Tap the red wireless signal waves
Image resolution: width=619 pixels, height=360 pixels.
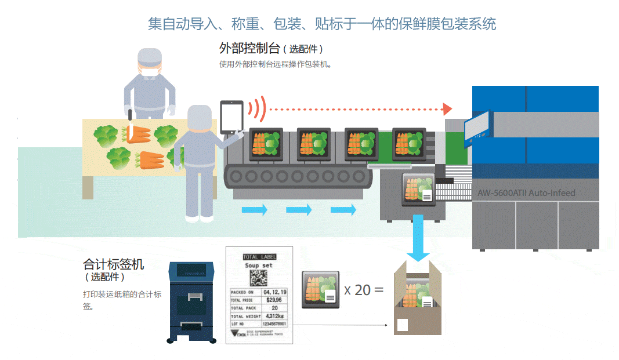click(256, 108)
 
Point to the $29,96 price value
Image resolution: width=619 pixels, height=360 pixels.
click(274, 300)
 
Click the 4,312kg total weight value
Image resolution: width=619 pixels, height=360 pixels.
click(274, 316)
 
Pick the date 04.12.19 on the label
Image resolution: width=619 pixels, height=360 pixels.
click(274, 292)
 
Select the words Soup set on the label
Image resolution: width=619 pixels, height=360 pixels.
click(259, 266)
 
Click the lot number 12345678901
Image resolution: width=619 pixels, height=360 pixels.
click(274, 323)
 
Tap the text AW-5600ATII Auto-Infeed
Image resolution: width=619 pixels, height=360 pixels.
click(526, 192)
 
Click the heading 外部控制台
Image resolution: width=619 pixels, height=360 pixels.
click(250, 48)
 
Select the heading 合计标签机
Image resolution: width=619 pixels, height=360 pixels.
click(113, 264)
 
